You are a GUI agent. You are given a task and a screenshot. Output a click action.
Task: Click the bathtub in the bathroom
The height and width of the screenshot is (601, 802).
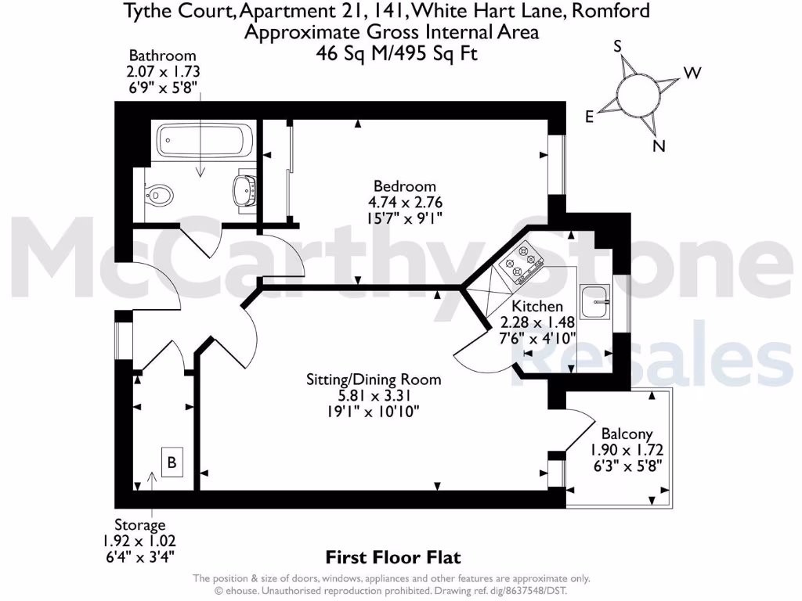click(205, 141)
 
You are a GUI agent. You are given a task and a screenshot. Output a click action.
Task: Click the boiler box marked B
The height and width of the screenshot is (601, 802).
click(172, 462)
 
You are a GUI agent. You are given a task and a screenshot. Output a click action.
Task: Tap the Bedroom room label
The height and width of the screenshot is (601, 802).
click(404, 186)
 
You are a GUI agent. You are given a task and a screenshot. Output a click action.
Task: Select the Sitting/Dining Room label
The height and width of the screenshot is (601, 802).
click(373, 380)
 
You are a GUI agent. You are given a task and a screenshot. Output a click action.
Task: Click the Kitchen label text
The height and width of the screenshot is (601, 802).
click(536, 306)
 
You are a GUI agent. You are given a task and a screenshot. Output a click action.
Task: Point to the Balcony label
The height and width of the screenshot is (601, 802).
click(627, 434)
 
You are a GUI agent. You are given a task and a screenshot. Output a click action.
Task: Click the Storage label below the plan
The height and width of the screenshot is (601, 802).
click(141, 525)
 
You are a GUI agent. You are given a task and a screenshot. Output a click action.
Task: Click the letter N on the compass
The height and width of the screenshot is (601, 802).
click(659, 146)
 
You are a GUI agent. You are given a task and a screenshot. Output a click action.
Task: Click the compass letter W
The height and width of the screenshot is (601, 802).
click(692, 74)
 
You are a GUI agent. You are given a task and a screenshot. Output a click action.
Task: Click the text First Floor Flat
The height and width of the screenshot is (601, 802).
click(392, 557)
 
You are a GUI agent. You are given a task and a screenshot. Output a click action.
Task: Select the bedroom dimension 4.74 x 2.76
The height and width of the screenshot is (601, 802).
click(404, 203)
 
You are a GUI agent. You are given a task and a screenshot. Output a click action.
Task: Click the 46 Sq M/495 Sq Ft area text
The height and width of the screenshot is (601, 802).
click(396, 53)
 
